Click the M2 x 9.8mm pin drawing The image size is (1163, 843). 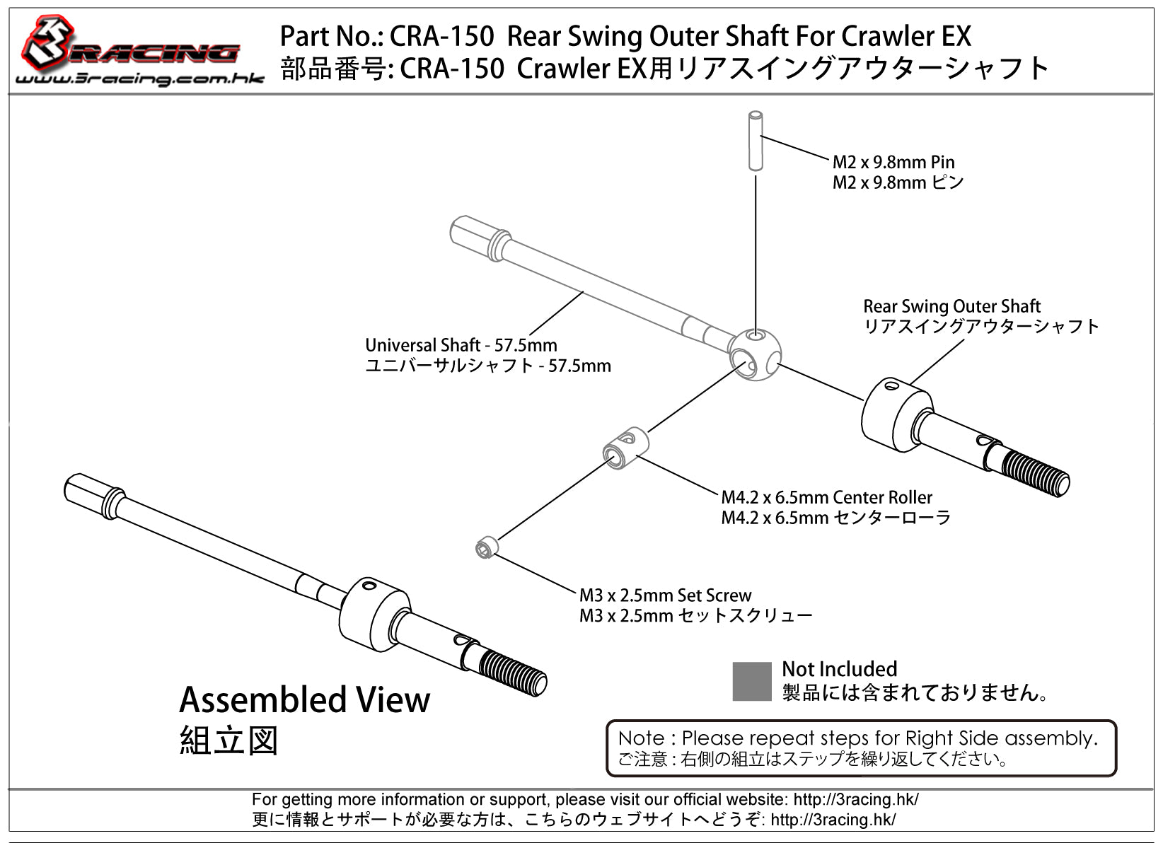point(756,140)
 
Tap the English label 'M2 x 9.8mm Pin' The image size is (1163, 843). point(893,162)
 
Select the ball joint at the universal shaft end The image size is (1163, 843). point(754,354)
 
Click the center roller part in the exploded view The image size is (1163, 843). point(626,448)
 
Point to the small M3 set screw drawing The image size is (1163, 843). point(487,547)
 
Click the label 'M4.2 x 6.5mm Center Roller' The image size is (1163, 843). point(826,497)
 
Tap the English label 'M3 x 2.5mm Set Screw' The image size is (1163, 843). point(665,595)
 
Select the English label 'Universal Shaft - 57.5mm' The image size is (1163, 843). point(461,344)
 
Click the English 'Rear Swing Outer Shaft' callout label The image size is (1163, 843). point(951,306)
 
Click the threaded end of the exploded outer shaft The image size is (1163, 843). point(1034,473)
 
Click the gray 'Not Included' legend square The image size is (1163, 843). point(752,682)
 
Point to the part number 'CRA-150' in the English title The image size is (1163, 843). point(441,36)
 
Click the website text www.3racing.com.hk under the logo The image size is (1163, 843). point(139,79)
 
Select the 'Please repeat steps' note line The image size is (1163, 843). point(857,738)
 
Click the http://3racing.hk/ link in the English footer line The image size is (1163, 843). point(856,799)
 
